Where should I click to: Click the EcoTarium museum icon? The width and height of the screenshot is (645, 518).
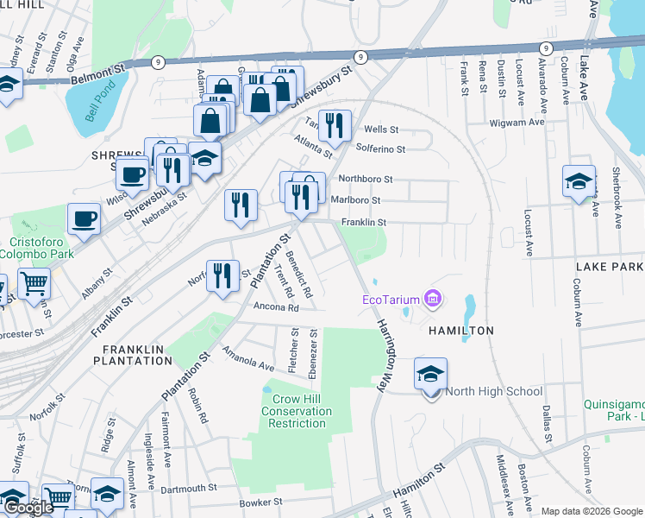coord(433,300)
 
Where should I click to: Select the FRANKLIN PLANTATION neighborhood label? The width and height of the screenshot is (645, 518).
coord(138,354)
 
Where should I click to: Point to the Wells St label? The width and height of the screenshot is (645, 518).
coord(381,129)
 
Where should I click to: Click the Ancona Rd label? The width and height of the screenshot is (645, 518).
coord(276,307)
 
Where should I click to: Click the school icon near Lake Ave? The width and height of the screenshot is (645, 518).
coord(579,182)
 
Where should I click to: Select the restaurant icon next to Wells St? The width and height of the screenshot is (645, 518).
coord(335,125)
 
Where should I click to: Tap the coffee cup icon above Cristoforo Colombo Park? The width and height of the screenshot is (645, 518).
coord(84,219)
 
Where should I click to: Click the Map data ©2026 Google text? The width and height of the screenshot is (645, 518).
coord(592,511)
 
